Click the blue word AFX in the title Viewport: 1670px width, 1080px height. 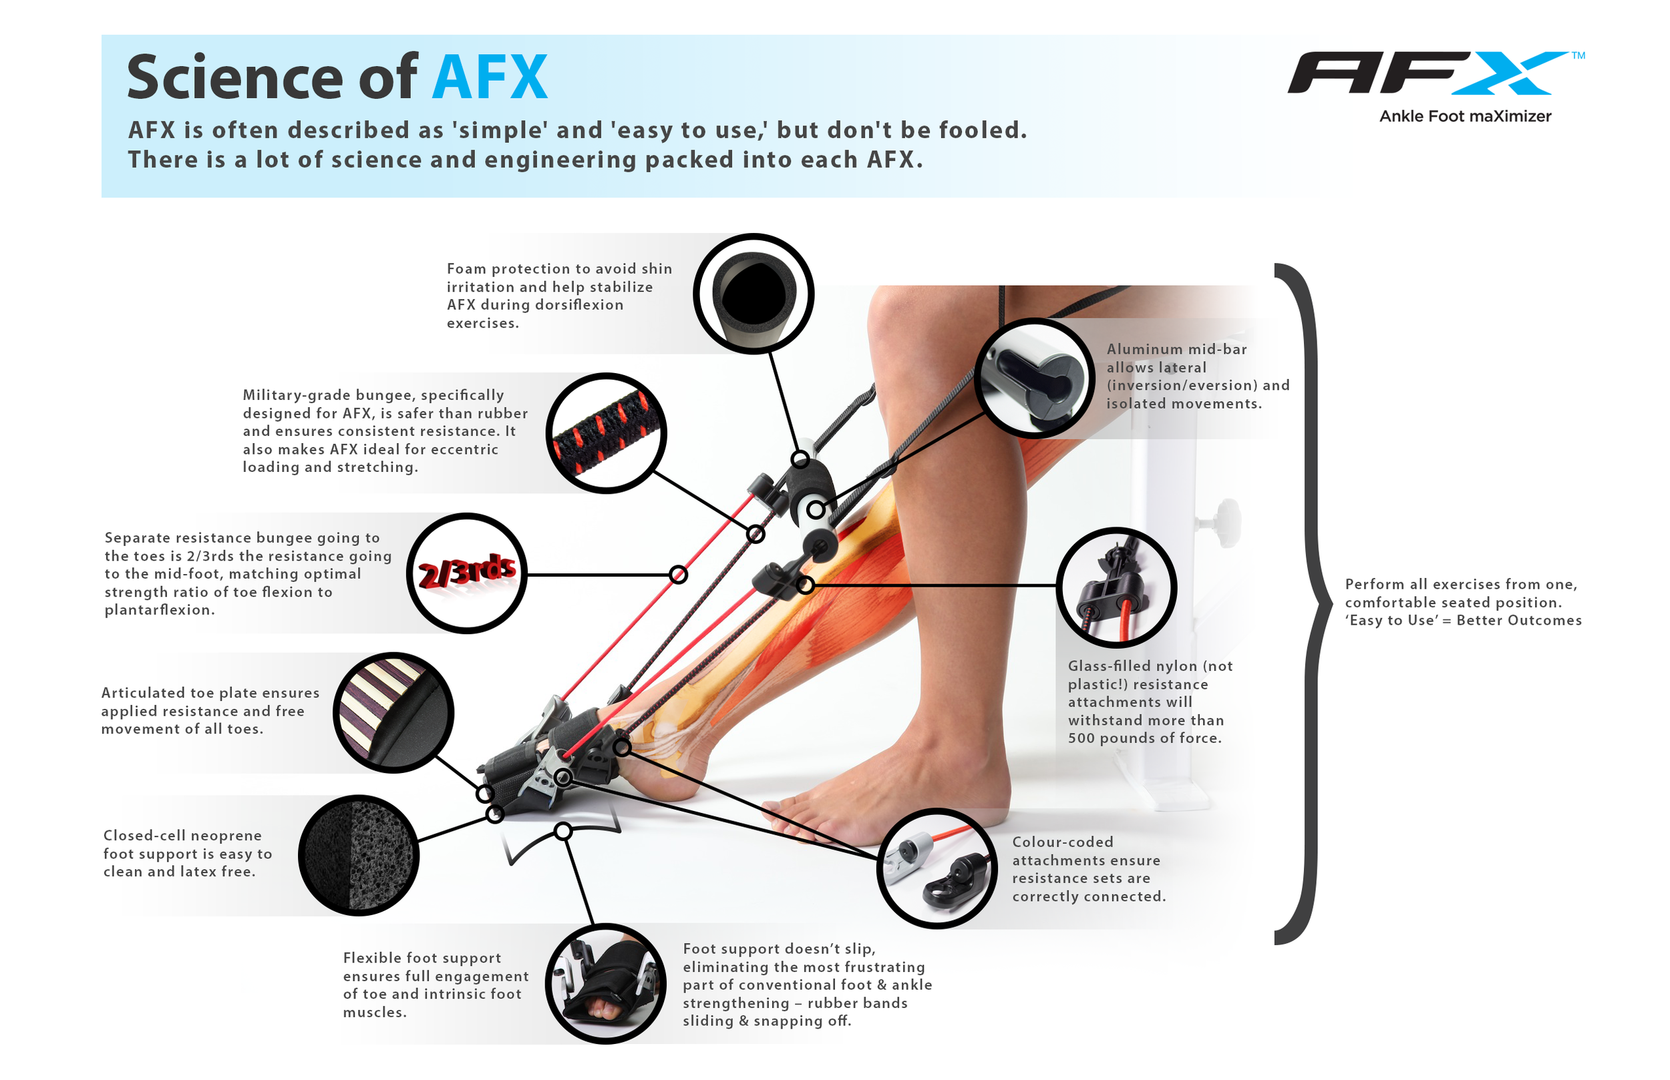pos(490,77)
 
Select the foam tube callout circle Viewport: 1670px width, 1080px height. pos(754,294)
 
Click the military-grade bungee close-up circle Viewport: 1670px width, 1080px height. pos(607,433)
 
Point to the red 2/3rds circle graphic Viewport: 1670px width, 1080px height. pos(467,573)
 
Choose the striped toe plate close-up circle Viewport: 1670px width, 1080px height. pos(393,712)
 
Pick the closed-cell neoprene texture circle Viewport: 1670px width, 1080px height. pos(359,855)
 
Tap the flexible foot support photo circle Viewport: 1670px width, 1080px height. pos(606,983)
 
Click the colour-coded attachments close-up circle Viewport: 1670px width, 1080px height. pos(937,868)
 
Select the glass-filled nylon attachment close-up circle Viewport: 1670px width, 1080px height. pos(1116,587)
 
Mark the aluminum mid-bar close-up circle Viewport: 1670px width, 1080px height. pos(1034,378)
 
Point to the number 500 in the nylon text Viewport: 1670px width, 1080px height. pos(1081,738)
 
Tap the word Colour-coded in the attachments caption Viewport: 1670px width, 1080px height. pos(1062,842)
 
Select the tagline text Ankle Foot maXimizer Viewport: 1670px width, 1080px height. pos(1465,116)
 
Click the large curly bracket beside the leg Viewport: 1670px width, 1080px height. pos(1304,604)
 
